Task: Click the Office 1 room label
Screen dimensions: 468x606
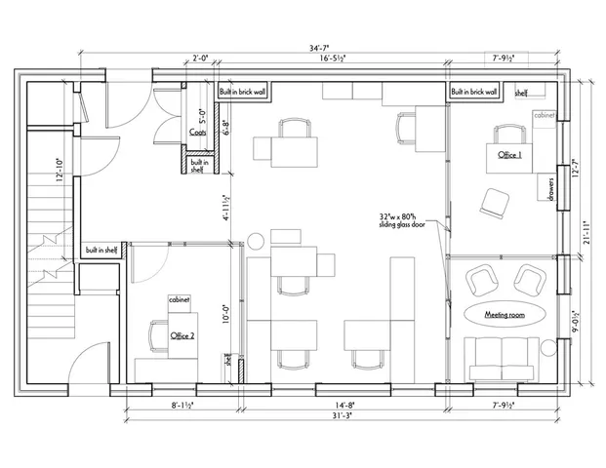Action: [509, 156]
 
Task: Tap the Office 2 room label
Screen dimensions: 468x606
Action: [182, 335]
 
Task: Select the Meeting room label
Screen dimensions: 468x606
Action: [505, 314]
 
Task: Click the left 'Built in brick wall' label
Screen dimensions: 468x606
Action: [242, 92]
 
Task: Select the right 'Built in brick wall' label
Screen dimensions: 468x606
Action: [474, 92]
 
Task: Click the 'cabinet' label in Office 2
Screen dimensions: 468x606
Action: [180, 299]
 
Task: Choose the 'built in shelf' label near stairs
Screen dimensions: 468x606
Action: [102, 249]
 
